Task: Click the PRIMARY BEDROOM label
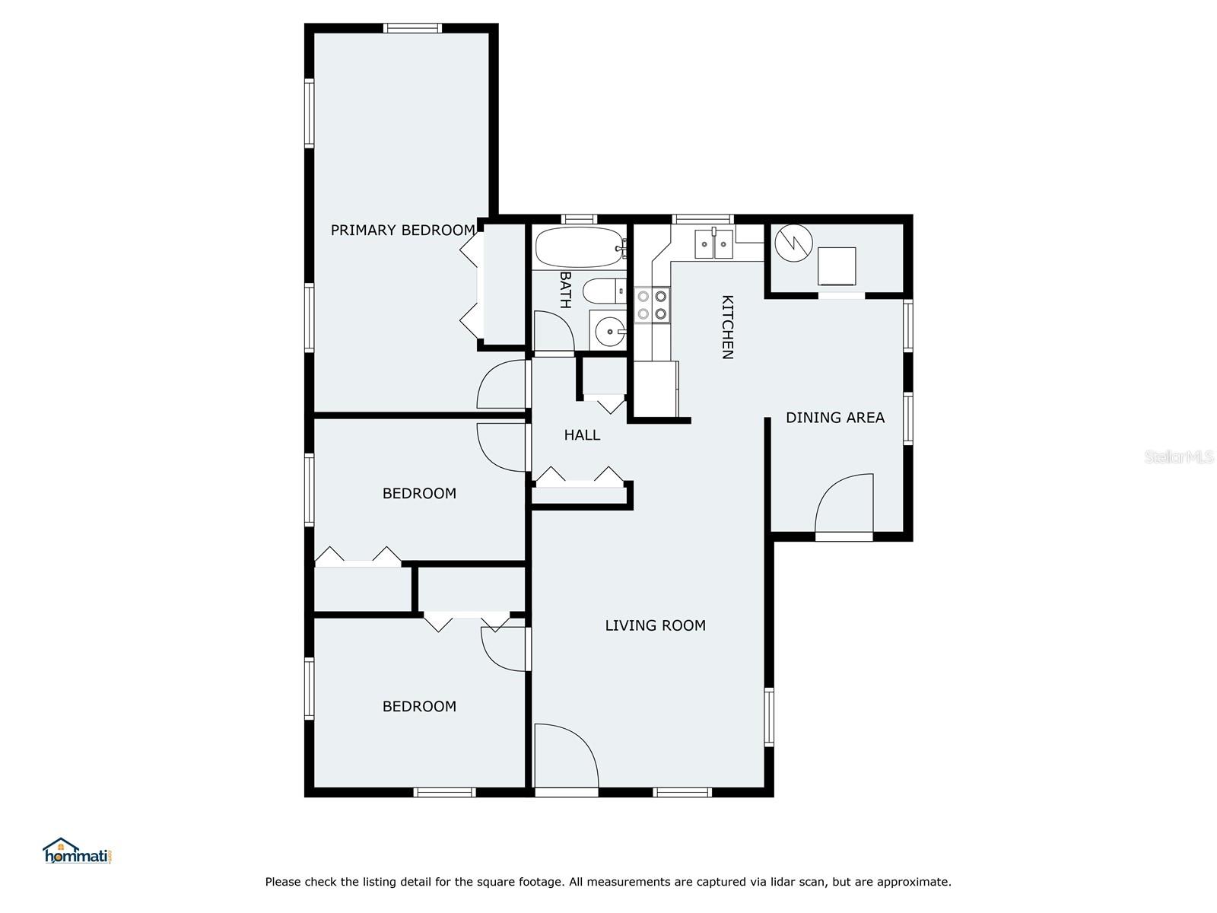pos(402,230)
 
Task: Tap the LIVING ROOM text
pos(655,625)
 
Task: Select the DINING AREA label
pos(835,418)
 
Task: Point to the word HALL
pos(582,435)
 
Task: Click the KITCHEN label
pos(727,327)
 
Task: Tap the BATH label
pos(565,289)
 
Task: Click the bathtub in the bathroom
pos(580,247)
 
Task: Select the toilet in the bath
pos(605,291)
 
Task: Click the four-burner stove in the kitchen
pos(652,305)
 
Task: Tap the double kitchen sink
pos(713,244)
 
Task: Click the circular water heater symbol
pos(793,243)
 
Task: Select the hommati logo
pos(77,851)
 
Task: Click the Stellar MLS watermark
pos(1179,456)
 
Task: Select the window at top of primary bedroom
pos(412,28)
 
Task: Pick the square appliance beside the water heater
pos(837,266)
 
